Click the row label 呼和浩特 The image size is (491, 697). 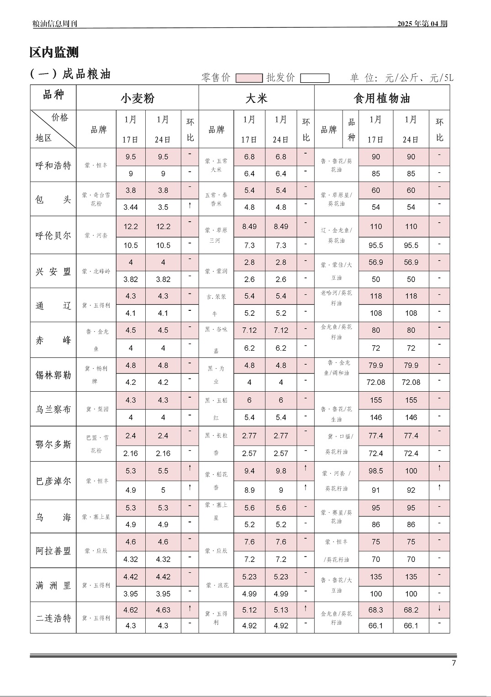[x=53, y=165]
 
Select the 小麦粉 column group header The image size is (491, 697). [x=137, y=98]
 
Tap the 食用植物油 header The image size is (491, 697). [x=382, y=98]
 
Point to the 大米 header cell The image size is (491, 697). [x=256, y=98]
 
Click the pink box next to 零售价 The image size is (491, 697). [x=249, y=78]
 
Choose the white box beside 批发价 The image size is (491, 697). [x=315, y=78]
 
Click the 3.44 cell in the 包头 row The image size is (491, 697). [x=131, y=207]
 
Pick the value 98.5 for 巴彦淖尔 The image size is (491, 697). [x=375, y=471]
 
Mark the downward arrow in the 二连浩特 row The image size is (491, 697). [x=439, y=608]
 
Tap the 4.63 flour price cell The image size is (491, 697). [x=163, y=610]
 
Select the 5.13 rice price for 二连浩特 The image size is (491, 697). [x=281, y=610]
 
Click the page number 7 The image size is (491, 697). [x=454, y=663]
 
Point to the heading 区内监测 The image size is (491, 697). [x=54, y=53]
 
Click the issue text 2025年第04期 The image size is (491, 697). [x=422, y=24]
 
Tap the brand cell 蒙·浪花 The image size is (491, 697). [x=216, y=585]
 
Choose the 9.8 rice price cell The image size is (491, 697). [x=281, y=471]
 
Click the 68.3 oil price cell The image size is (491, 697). [x=375, y=610]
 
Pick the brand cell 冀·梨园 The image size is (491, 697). [x=96, y=409]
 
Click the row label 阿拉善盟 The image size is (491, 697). [x=53, y=551]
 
